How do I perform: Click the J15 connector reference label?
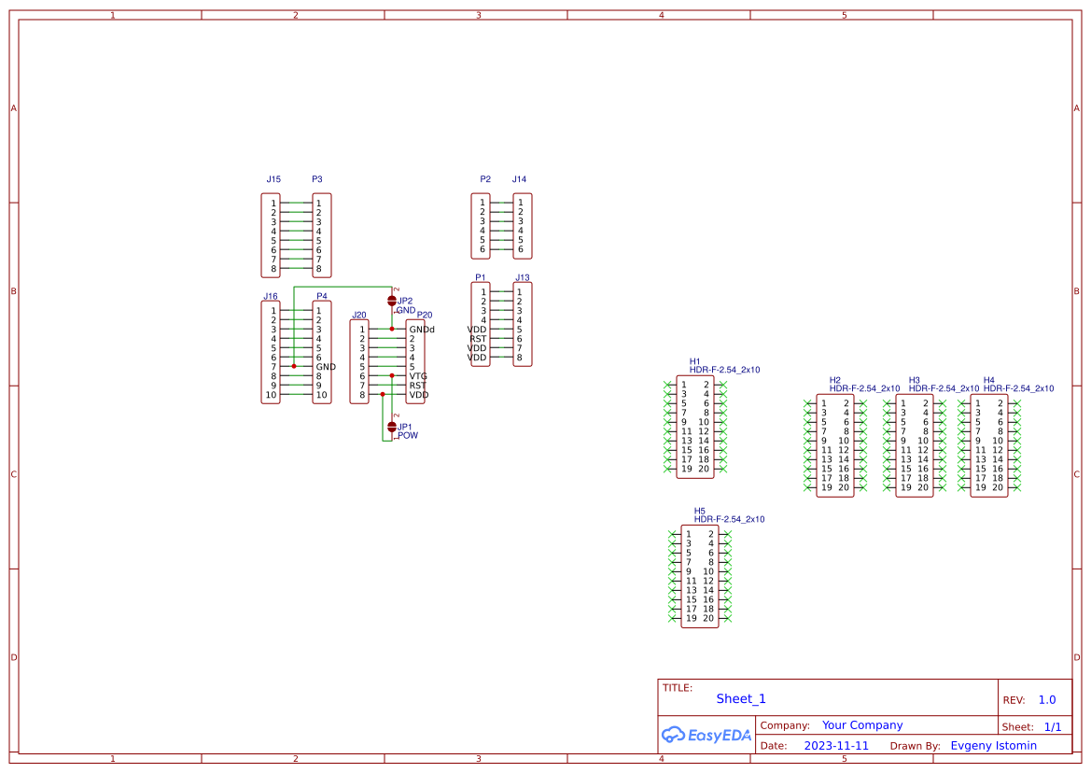[273, 179]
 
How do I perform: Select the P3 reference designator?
[317, 179]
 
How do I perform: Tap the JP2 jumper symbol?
[392, 301]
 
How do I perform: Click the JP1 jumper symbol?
[392, 426]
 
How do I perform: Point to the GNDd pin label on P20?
[421, 330]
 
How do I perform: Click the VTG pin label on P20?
[417, 376]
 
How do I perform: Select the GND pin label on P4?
[325, 367]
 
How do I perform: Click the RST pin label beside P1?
[478, 339]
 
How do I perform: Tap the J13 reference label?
[522, 278]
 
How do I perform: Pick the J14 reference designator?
[519, 179]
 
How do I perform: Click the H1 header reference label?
[694, 361]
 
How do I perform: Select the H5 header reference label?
[699, 511]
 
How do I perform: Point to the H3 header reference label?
[914, 380]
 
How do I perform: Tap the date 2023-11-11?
[836, 746]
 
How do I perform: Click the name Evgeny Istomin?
[993, 745]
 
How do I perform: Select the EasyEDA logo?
[706, 735]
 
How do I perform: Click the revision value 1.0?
[1046, 699]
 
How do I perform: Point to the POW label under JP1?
[408, 435]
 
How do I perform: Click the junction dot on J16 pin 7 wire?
[294, 367]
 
